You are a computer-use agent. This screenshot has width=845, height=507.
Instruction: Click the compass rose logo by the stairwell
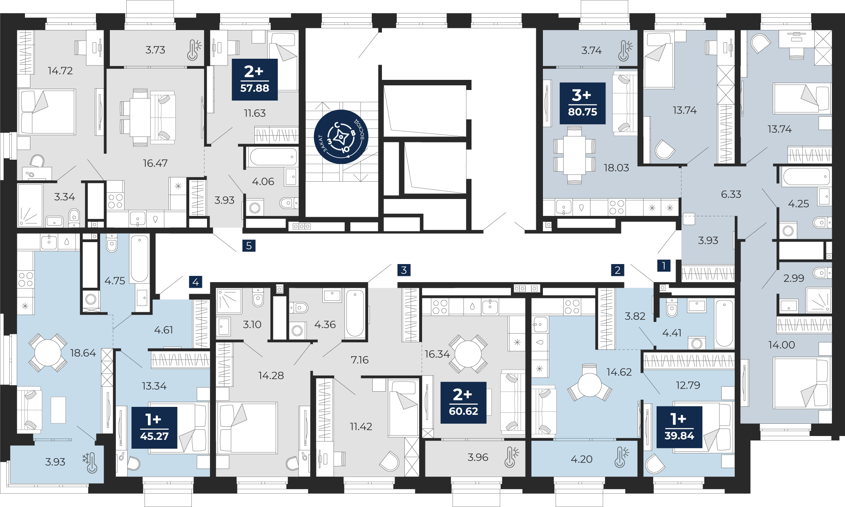[341, 136]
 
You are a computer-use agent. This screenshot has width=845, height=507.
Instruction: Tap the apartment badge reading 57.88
[255, 79]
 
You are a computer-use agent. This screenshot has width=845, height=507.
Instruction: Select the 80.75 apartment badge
[583, 104]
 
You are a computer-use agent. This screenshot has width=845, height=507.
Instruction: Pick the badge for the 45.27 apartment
[154, 428]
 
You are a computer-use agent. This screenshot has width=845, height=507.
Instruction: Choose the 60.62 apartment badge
[463, 403]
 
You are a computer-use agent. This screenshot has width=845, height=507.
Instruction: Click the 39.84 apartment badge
[679, 427]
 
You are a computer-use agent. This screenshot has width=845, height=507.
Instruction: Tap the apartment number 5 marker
[249, 245]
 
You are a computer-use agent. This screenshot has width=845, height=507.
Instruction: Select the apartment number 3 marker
[404, 270]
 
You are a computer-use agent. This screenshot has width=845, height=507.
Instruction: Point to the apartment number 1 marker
[664, 265]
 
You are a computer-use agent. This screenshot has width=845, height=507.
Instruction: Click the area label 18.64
[83, 353]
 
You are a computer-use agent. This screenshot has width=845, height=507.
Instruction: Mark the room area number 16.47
[155, 163]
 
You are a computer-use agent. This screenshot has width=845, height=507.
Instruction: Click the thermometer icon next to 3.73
[194, 50]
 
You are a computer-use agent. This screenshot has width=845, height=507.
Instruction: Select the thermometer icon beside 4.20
[621, 457]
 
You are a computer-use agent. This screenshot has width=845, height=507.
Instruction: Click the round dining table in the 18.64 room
[48, 353]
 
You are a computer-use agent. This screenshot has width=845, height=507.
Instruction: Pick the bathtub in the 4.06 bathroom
[273, 157]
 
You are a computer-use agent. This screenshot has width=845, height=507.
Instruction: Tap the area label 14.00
[781, 345]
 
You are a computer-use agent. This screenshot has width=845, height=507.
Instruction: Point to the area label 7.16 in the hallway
[360, 360]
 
